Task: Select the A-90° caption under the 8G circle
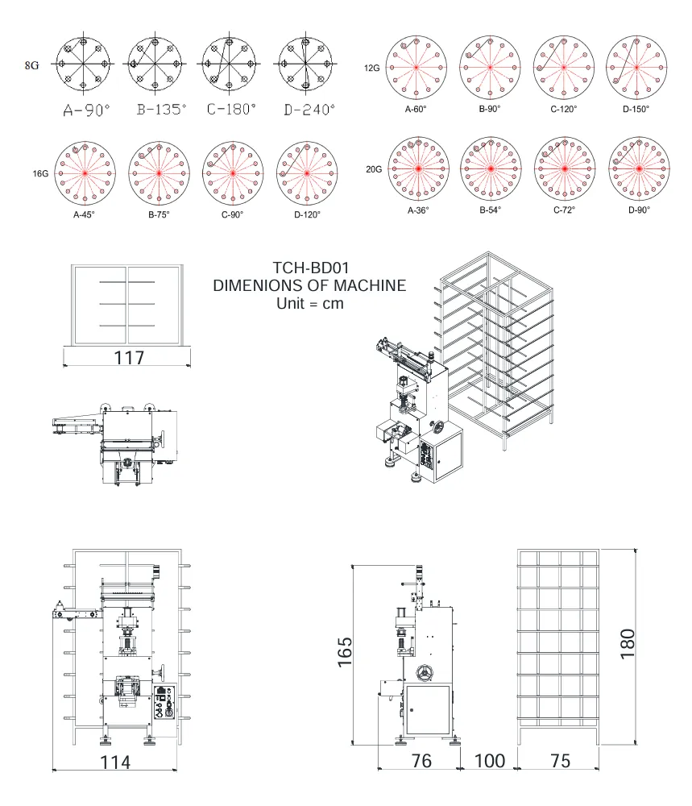(x=86, y=110)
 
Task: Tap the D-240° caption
(x=306, y=109)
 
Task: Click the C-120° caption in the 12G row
(x=564, y=109)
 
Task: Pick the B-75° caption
(x=160, y=214)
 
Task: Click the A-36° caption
(x=417, y=210)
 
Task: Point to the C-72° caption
(x=565, y=210)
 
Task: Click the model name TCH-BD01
(x=309, y=268)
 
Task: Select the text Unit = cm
(x=309, y=303)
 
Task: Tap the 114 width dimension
(x=115, y=762)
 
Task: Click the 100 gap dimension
(x=489, y=761)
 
